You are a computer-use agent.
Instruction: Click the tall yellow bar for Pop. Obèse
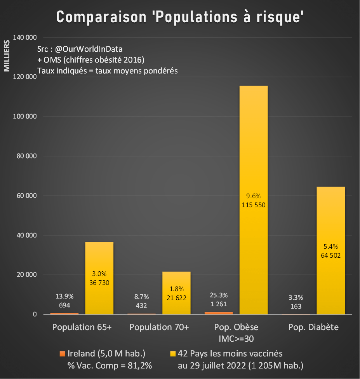click(x=253, y=155)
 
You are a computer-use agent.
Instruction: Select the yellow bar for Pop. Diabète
click(x=330, y=218)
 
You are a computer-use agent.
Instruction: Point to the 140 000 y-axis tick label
click(x=25, y=37)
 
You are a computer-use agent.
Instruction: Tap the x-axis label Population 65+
click(x=82, y=327)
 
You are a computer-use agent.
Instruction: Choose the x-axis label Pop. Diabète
click(x=313, y=327)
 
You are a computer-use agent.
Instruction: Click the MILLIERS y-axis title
click(x=7, y=56)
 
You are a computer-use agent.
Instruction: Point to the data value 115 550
click(x=253, y=205)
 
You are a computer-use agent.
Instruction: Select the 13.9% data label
click(x=64, y=296)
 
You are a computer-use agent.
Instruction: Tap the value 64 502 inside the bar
click(x=330, y=255)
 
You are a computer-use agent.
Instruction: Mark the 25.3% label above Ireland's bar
click(x=219, y=295)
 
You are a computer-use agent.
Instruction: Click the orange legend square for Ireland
click(x=62, y=354)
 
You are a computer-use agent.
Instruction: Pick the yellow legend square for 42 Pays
click(x=173, y=354)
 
